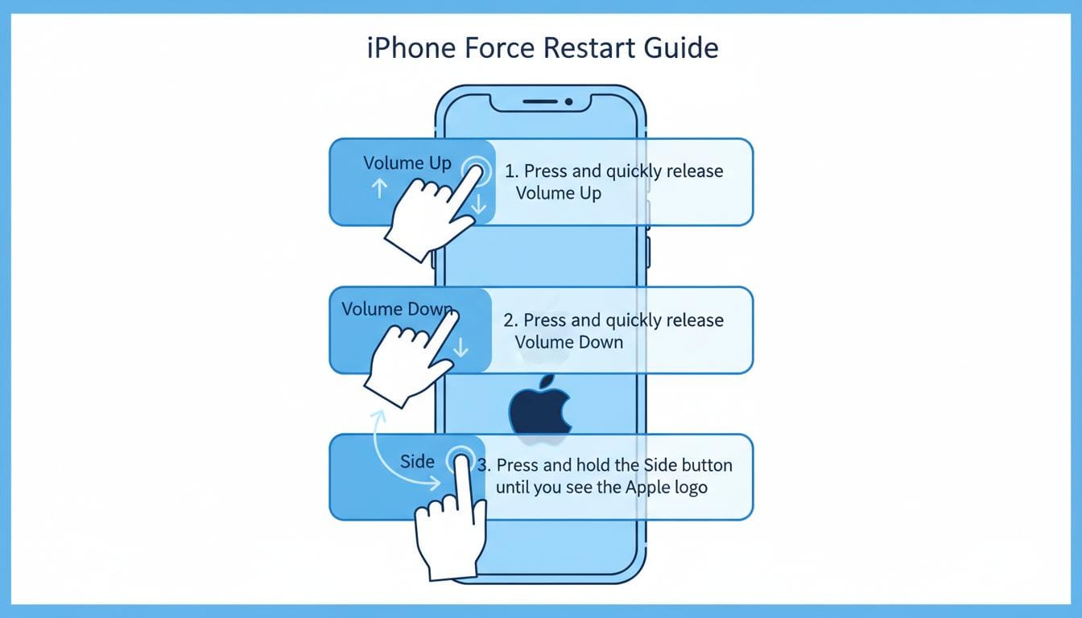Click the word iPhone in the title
click(x=411, y=47)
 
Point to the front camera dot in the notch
click(x=568, y=102)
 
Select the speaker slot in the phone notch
click(x=539, y=102)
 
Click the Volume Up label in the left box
click(x=407, y=163)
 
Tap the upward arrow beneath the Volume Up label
click(x=379, y=188)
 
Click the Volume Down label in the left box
click(x=396, y=309)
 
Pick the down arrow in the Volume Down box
click(x=460, y=348)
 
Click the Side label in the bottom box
click(x=417, y=461)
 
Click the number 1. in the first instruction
click(x=511, y=171)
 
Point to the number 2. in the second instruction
click(x=510, y=320)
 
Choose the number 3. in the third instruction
click(x=483, y=465)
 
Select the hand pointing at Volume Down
click(x=407, y=358)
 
